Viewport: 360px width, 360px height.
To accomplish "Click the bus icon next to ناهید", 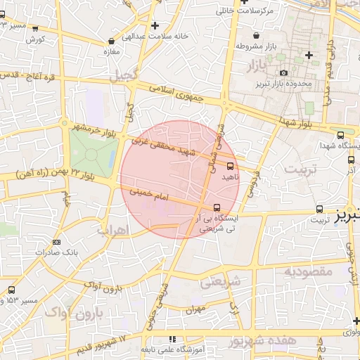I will [230, 166].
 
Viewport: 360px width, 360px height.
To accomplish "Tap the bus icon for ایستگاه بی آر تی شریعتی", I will [216, 207].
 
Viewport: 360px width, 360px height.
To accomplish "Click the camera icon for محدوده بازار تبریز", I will [283, 73].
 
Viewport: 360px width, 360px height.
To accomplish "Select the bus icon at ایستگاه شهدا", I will [341, 135].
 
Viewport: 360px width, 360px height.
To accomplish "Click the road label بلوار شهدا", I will [296, 123].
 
